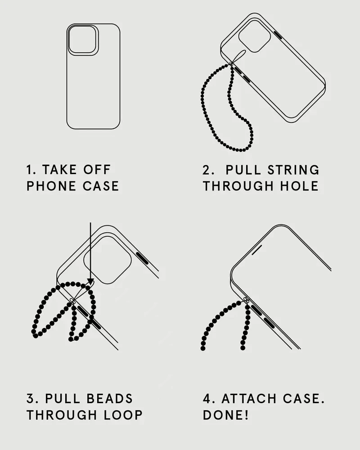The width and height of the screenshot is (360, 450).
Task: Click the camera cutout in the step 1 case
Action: (x=82, y=40)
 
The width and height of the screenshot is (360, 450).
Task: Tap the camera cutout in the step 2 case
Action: (x=254, y=36)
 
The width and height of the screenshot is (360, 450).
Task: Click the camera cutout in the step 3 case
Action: (x=108, y=260)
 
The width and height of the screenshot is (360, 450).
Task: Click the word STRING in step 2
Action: (x=293, y=170)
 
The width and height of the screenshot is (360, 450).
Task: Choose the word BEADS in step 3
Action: (x=109, y=399)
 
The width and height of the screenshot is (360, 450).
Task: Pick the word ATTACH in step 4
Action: (x=249, y=399)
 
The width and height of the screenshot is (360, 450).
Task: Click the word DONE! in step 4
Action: (x=225, y=415)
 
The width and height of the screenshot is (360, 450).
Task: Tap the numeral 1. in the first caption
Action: (x=31, y=170)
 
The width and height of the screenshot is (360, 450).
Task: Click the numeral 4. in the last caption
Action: (x=209, y=399)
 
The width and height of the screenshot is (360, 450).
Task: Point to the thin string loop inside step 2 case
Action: (x=239, y=56)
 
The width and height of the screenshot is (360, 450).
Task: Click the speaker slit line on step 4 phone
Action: (x=256, y=250)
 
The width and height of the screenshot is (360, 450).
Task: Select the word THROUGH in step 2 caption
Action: (x=238, y=186)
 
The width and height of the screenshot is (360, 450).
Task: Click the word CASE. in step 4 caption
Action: (x=303, y=399)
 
